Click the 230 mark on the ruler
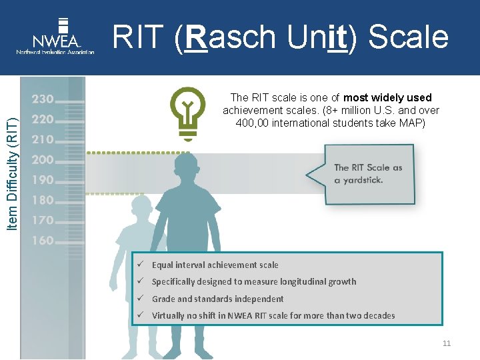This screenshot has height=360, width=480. point(42,99)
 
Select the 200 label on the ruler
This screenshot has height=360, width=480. point(42,159)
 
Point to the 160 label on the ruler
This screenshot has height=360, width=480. point(42,240)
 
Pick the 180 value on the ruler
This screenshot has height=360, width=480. point(42,199)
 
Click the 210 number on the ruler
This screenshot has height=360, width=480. point(42,139)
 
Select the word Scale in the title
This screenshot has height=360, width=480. point(408,37)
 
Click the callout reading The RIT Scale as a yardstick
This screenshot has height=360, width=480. point(368,174)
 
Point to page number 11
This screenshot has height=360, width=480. point(446,343)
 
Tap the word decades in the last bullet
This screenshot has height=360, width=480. point(378,315)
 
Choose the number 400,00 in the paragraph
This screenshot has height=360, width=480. point(251,123)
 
